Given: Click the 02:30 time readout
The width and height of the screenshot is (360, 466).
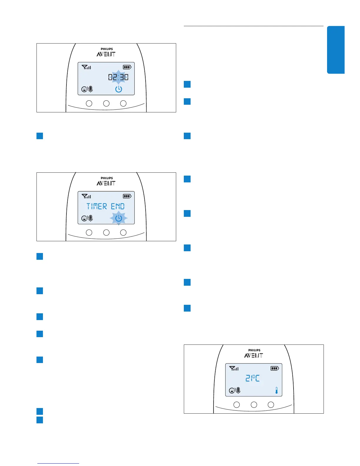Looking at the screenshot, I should (x=118, y=77).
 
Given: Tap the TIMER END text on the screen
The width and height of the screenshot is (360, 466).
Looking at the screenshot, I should (x=106, y=206).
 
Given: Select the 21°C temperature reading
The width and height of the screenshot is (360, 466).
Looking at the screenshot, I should (x=253, y=378).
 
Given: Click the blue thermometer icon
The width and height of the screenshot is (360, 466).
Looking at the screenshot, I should (x=276, y=391).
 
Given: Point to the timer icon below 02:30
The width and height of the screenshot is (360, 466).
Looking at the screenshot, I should (x=119, y=89).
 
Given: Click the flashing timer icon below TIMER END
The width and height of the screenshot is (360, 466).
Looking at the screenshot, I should (x=119, y=218).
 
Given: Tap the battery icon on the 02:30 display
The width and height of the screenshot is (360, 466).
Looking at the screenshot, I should (x=127, y=67).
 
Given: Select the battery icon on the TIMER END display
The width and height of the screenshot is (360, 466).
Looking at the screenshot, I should (x=127, y=196).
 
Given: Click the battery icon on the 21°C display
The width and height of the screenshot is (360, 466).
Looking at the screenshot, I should (x=275, y=368).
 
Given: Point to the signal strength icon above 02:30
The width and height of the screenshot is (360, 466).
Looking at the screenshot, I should (x=86, y=67).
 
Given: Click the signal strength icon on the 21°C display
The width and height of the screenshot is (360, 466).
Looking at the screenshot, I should (x=234, y=368).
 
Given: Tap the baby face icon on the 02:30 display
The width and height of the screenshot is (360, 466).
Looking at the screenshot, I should (x=84, y=89).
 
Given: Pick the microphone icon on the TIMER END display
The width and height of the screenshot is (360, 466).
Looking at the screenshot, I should (x=91, y=218).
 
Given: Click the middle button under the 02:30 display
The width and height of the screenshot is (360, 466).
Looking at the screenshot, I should (x=106, y=103).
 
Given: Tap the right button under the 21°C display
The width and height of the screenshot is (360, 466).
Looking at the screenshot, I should (x=271, y=405).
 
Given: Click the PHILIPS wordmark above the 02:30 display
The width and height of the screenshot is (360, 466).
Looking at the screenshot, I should (x=106, y=49).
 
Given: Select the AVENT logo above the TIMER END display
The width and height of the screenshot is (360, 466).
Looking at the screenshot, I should (x=106, y=183).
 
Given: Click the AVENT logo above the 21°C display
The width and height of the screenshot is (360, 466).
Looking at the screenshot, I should (x=254, y=355).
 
